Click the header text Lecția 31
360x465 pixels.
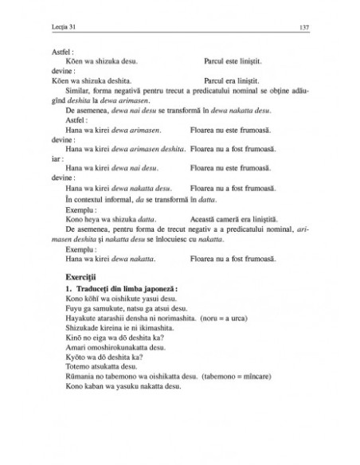pyautogui.click(x=63, y=29)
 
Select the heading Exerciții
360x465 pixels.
pyautogui.click(x=84, y=275)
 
